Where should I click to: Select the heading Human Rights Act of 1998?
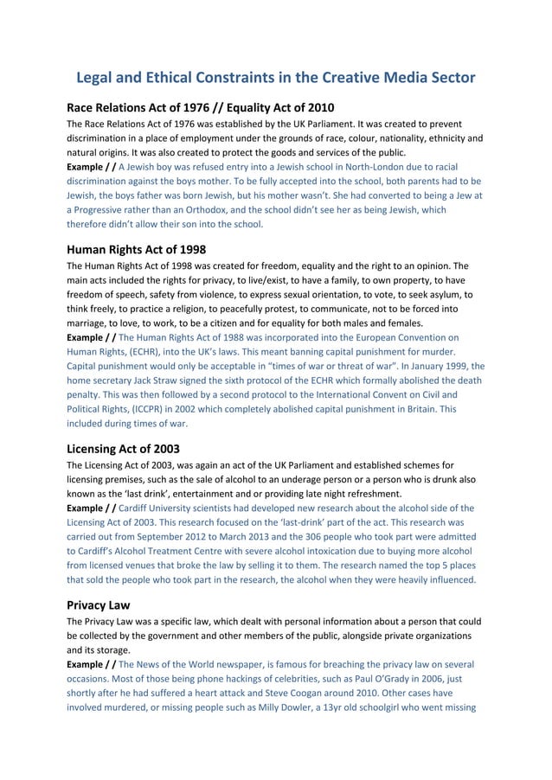point(136,249)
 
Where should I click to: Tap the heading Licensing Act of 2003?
point(121,449)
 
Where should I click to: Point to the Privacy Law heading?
point(98,605)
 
